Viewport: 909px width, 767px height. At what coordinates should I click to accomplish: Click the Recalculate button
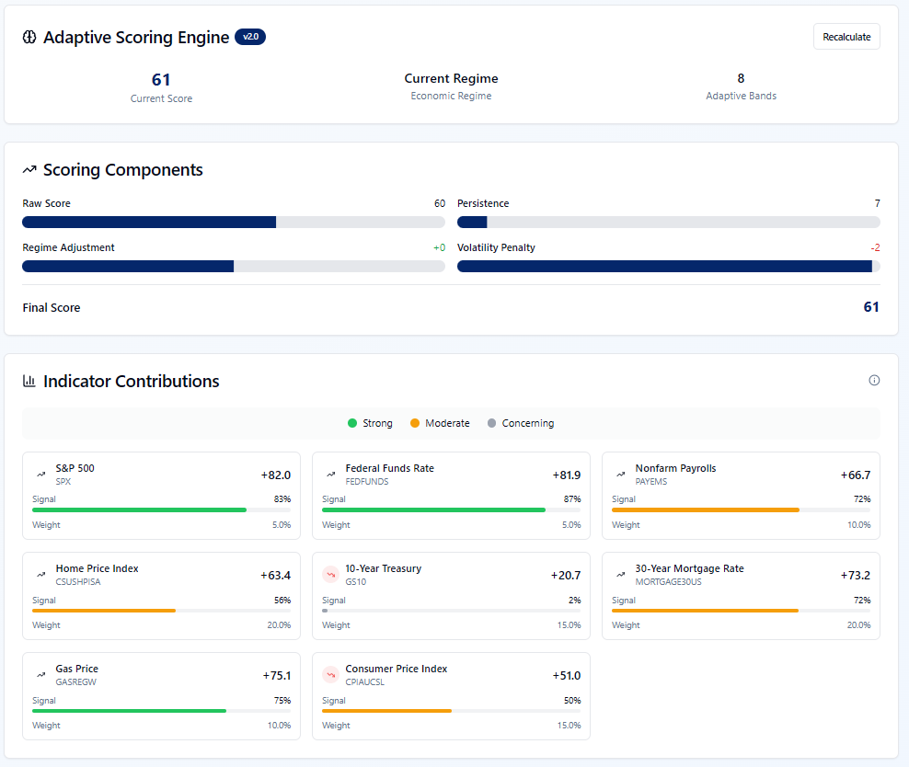point(846,37)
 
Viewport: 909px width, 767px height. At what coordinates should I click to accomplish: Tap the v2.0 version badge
point(250,37)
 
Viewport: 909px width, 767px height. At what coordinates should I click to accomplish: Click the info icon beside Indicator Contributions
point(874,380)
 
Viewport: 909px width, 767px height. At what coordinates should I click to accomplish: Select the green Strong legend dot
point(351,423)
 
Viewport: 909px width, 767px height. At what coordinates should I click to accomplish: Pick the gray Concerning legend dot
point(491,423)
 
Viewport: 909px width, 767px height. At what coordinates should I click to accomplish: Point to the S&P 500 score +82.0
point(276,475)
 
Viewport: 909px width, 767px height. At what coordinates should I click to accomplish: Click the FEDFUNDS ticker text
point(367,481)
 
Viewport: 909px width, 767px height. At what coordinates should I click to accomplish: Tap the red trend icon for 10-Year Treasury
point(330,575)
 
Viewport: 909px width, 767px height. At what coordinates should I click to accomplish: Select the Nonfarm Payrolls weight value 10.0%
point(858,525)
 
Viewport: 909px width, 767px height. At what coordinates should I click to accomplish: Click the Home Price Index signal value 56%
point(282,601)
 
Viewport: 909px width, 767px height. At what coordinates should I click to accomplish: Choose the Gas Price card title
point(77,669)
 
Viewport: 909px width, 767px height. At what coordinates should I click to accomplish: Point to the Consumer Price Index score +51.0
point(567,675)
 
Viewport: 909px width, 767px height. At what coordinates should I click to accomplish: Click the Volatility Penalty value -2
point(875,247)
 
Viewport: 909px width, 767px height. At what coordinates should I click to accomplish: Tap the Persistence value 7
point(877,203)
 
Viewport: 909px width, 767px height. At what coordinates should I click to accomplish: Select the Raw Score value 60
point(440,203)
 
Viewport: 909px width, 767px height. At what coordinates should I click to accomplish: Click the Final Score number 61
point(871,307)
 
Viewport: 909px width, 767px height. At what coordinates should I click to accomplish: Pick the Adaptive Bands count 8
point(741,78)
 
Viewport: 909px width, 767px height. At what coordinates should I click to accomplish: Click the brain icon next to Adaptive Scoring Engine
point(29,37)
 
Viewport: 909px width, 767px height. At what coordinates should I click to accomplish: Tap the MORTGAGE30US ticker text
point(669,581)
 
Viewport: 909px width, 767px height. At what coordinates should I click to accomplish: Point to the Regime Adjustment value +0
point(440,247)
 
